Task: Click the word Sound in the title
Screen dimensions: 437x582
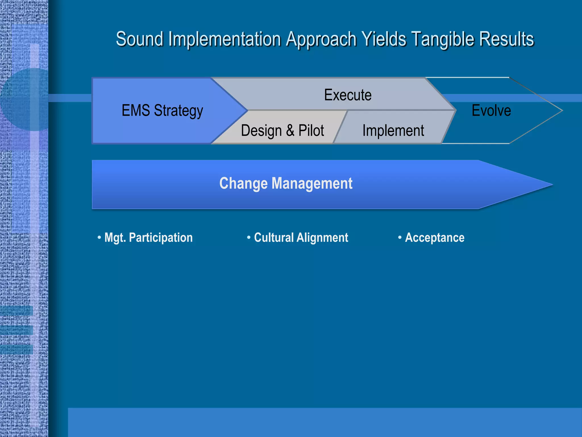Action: click(x=140, y=39)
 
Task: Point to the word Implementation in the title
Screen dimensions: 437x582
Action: click(x=225, y=39)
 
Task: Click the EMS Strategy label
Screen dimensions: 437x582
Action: click(x=162, y=110)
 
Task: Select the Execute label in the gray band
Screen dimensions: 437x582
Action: click(x=348, y=95)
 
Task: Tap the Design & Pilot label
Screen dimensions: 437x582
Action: click(x=282, y=131)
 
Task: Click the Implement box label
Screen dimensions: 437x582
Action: click(x=393, y=131)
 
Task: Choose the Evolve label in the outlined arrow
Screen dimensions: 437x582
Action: click(x=491, y=110)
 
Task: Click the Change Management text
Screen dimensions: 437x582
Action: click(x=286, y=184)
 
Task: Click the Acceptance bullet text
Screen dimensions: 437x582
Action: click(x=435, y=238)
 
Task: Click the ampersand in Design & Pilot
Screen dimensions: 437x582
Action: click(x=290, y=131)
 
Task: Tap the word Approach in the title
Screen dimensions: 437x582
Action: click(x=321, y=39)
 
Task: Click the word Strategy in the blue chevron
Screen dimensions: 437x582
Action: click(x=178, y=111)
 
